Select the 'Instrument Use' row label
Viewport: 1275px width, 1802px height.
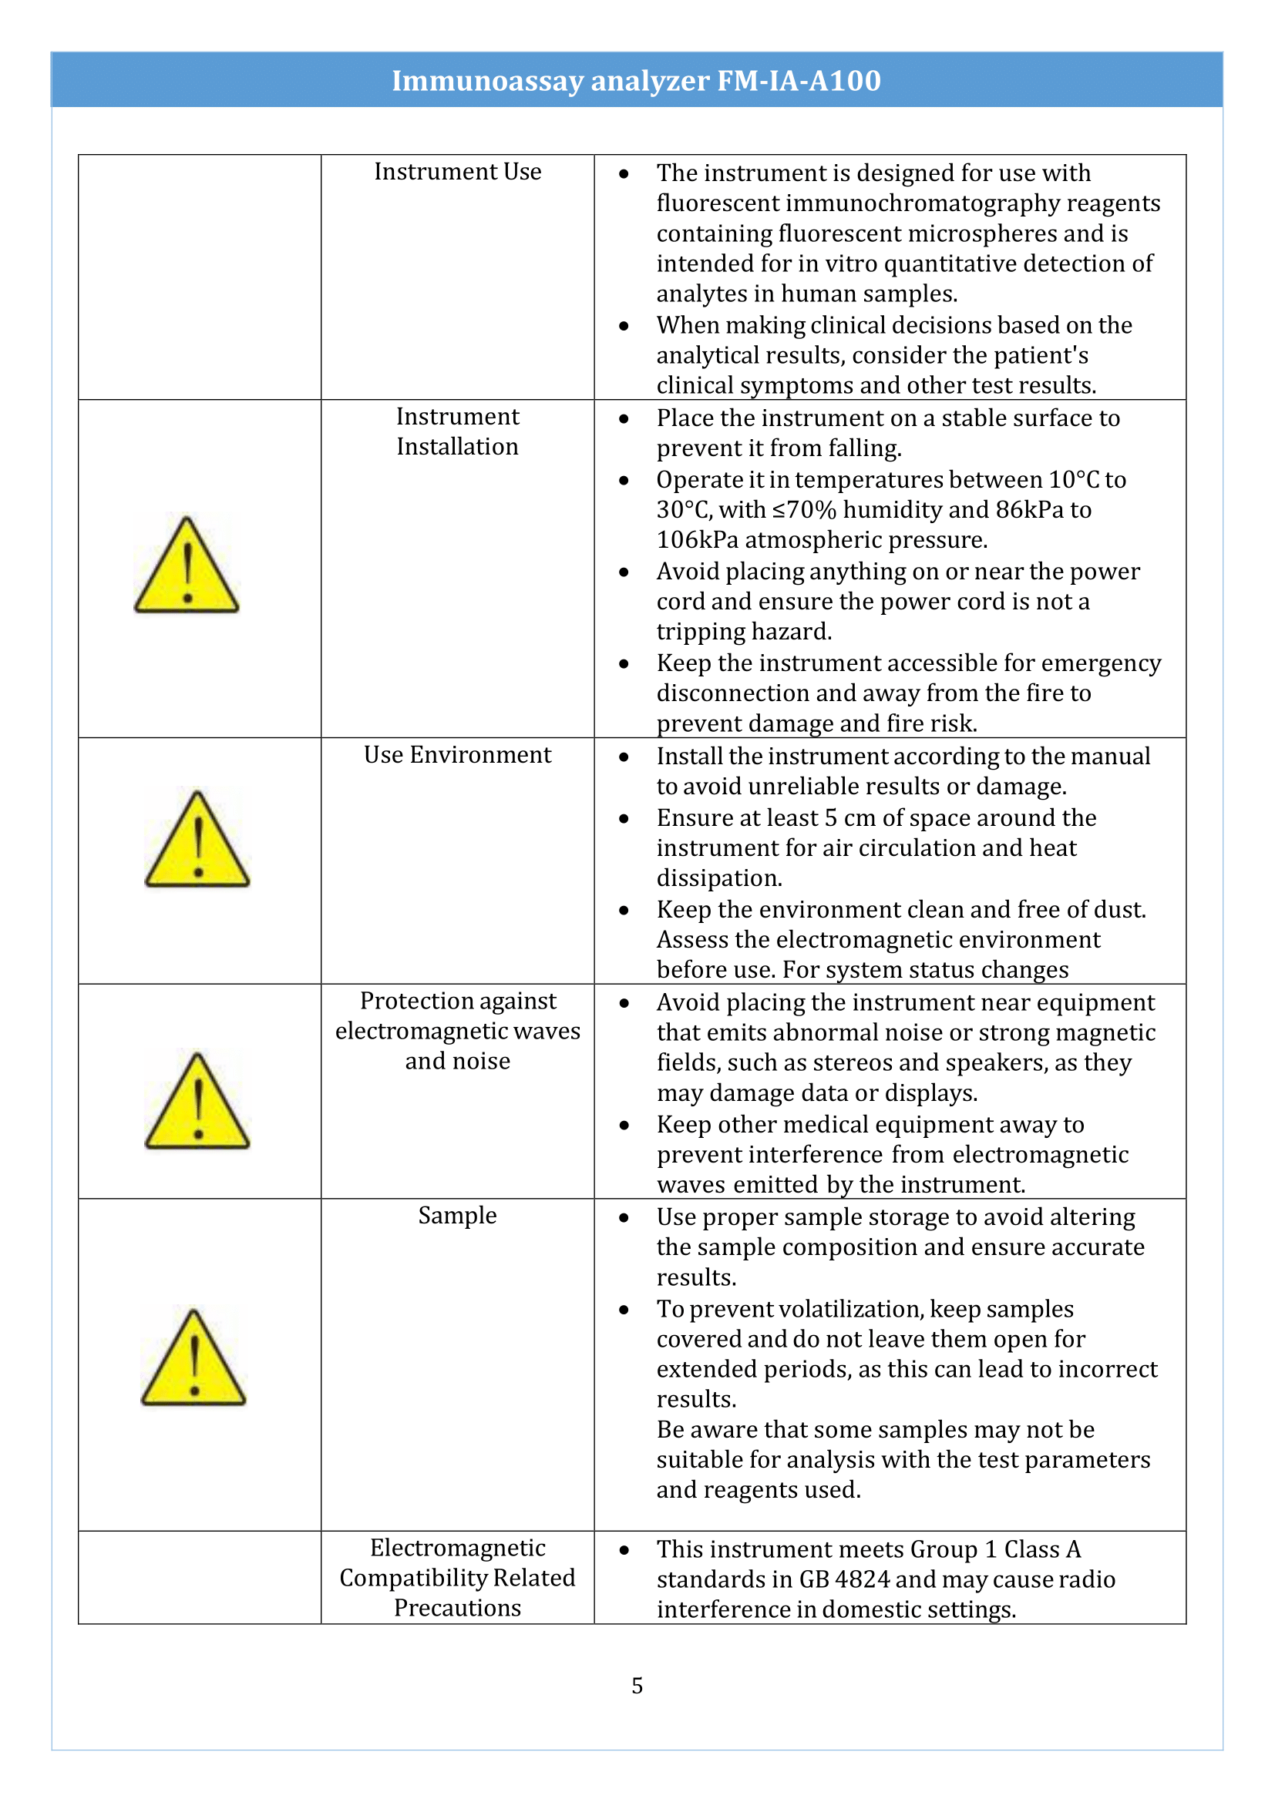pos(457,172)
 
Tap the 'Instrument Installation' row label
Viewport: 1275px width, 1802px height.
pos(457,431)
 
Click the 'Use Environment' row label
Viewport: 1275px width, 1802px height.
pos(457,755)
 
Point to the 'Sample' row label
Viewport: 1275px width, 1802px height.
pos(457,1216)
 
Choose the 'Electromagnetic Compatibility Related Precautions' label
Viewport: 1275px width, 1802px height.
pos(457,1578)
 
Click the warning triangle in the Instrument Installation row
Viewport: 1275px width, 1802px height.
pos(187,567)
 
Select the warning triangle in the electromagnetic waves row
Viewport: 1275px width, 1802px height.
pos(198,1102)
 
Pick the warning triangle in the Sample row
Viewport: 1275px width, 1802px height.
pos(194,1358)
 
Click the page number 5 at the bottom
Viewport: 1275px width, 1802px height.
pos(637,1686)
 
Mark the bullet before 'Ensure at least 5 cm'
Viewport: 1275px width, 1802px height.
pos(624,819)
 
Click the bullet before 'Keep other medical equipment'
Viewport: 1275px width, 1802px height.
pos(624,1126)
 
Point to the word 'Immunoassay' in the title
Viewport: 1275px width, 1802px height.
pos(487,81)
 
